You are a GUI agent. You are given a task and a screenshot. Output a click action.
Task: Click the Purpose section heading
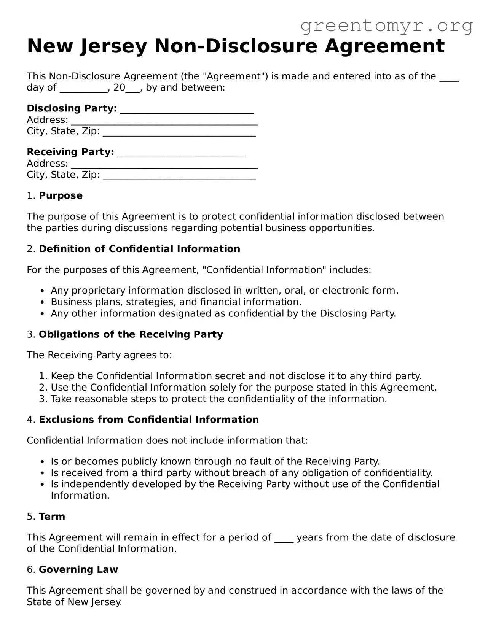tap(61, 195)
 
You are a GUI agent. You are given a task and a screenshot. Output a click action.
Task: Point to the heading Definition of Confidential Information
tap(139, 249)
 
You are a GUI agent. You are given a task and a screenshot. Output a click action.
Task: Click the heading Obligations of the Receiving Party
tap(131, 334)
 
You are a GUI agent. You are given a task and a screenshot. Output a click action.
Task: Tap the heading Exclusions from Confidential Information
tap(148, 420)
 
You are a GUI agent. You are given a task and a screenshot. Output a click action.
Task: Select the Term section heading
tap(52, 517)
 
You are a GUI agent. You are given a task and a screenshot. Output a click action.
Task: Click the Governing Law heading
tap(78, 569)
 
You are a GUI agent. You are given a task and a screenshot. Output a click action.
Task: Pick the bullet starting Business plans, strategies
tap(176, 302)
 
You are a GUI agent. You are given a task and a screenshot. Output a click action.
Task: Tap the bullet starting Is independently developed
tap(245, 484)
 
